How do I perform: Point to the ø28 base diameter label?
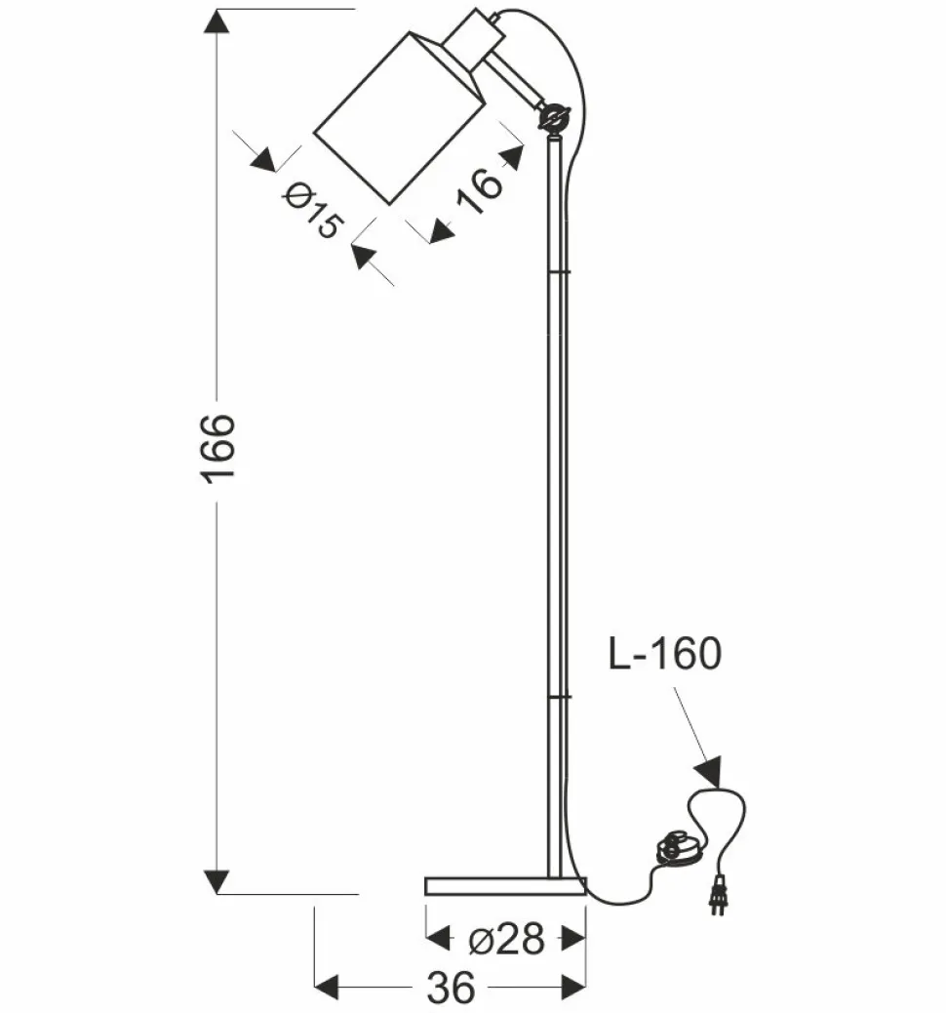click(x=504, y=939)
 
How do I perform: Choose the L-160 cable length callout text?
click(x=664, y=654)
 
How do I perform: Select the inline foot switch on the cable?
click(x=678, y=848)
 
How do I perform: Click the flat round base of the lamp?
click(x=505, y=885)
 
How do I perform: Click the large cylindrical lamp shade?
click(x=400, y=117)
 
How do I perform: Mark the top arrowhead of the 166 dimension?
click(x=217, y=21)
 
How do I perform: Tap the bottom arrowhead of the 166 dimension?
click(x=217, y=880)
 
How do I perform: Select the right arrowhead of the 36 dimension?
click(x=573, y=987)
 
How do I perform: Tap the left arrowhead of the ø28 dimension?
click(x=439, y=939)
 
